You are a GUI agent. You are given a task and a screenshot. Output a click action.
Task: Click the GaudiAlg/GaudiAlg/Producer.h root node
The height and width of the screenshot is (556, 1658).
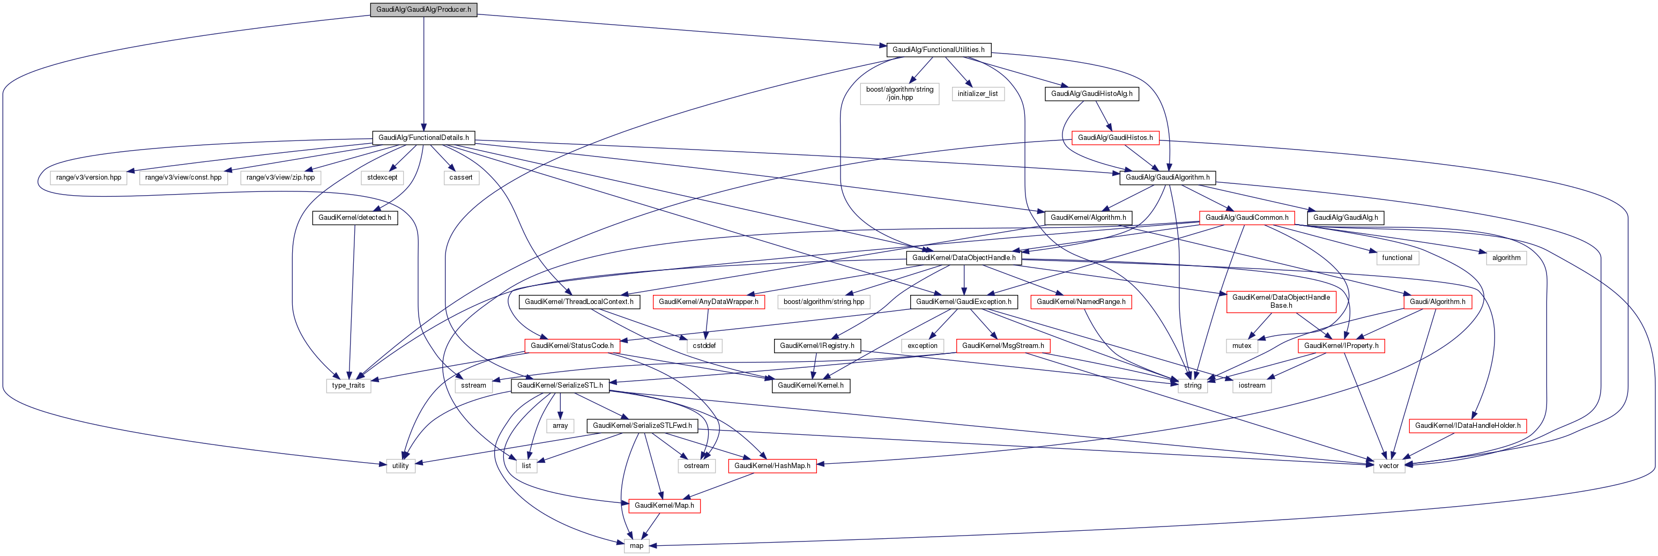pyautogui.click(x=423, y=10)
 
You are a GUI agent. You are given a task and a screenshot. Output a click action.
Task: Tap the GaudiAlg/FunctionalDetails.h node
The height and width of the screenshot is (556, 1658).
pyautogui.click(x=423, y=138)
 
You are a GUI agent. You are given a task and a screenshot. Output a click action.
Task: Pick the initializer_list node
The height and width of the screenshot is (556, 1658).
pyautogui.click(x=977, y=94)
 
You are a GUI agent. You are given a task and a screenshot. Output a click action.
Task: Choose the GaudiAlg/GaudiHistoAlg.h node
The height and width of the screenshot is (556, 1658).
pyautogui.click(x=1091, y=94)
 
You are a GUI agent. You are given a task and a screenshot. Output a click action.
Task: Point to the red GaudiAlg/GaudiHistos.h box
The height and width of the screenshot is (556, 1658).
pyautogui.click(x=1115, y=138)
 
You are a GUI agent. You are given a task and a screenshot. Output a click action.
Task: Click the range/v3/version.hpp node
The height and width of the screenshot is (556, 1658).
pyautogui.click(x=89, y=177)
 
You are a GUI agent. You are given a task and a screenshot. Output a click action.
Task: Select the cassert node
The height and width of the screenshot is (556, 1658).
pyautogui.click(x=461, y=177)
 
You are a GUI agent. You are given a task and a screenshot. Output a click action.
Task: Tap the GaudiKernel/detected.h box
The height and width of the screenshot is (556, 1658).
pyautogui.click(x=355, y=218)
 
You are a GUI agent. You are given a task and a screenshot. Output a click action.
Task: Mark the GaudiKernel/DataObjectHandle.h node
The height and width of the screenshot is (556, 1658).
pyautogui.click(x=963, y=258)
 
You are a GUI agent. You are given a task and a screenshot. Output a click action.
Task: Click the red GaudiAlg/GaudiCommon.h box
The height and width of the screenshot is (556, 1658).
pyautogui.click(x=1247, y=218)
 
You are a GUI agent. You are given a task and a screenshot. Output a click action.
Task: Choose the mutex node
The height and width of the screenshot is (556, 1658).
pyautogui.click(x=1241, y=346)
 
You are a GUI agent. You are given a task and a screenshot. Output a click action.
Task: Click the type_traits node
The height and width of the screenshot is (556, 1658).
pyautogui.click(x=348, y=386)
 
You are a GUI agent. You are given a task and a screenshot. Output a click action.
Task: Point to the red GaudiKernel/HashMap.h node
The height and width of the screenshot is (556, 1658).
pyautogui.click(x=772, y=466)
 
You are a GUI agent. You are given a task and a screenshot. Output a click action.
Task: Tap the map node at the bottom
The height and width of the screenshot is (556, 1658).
pyautogui.click(x=636, y=546)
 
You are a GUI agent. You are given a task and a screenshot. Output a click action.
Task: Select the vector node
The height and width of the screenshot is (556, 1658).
pyautogui.click(x=1388, y=466)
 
